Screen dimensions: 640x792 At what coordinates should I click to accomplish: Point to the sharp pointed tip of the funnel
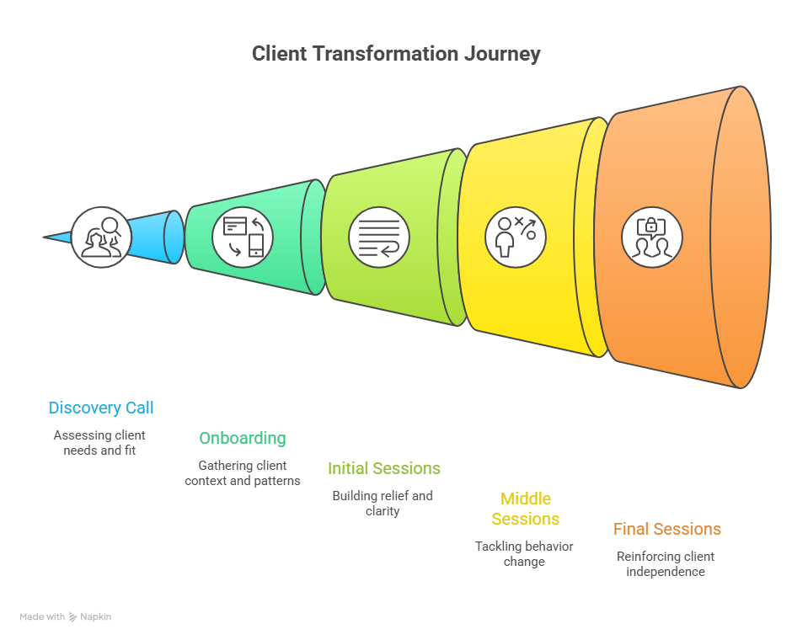tap(45, 237)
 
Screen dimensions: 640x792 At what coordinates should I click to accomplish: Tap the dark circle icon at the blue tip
tap(100, 237)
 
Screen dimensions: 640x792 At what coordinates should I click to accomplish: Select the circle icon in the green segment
tap(243, 237)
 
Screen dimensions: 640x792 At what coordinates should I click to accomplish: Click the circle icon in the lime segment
tap(379, 237)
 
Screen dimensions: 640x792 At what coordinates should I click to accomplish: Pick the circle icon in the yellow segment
tap(516, 237)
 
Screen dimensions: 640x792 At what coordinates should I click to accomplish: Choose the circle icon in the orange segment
tap(652, 237)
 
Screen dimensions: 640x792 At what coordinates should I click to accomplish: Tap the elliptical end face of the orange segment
tap(741, 237)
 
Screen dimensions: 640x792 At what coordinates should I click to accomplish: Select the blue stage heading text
tap(99, 414)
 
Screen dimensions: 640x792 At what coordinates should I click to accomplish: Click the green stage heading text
tap(241, 442)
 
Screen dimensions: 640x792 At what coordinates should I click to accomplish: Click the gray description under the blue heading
tap(99, 443)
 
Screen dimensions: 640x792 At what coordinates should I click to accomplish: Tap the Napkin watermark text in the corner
tap(66, 617)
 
